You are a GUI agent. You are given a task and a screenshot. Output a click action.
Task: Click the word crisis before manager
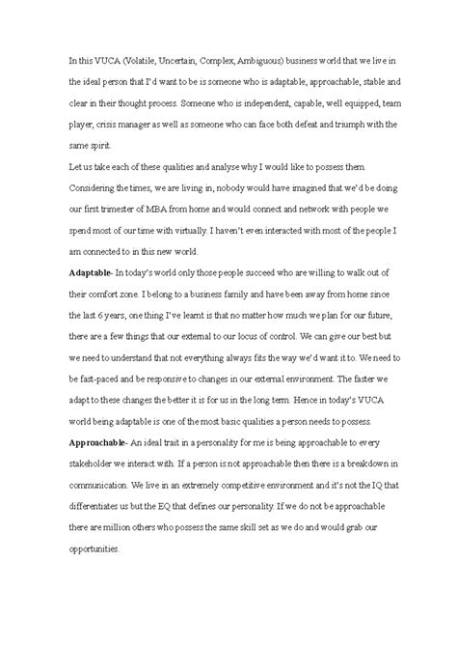[x=99, y=124]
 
